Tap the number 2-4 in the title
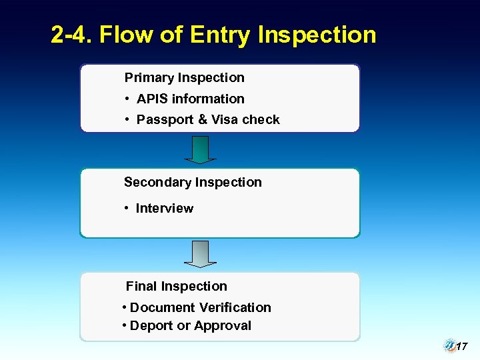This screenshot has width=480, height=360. coord(71,35)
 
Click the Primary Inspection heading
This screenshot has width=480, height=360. coord(184,77)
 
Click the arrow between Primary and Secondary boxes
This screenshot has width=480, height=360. coord(200,150)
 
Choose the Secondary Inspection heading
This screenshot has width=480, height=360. coord(193,182)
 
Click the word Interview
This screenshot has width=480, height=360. coord(164,209)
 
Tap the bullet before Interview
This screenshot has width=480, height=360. coord(127,209)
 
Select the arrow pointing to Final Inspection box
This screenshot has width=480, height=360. coord(200,254)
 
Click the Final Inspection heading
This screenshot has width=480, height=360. coord(176,287)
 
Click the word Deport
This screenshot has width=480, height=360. coord(150,326)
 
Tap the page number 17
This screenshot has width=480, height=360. coord(462,347)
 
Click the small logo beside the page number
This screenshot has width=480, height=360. coord(449,345)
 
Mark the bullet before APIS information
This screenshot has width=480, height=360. coord(127,99)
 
